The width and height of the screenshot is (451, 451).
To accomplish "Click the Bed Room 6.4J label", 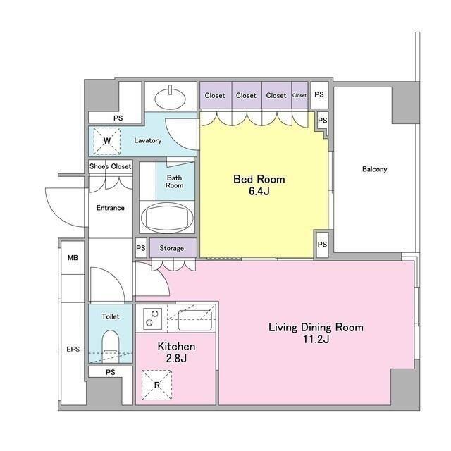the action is coord(259,185).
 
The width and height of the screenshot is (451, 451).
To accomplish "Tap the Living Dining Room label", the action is coord(316,327).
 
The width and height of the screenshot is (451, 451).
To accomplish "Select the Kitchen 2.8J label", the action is coord(176,352).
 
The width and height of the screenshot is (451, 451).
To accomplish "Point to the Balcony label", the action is coord(374,169).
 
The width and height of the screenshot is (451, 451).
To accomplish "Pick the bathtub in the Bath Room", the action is coord(167,218).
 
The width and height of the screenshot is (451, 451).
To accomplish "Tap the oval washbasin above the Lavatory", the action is coord(171,98).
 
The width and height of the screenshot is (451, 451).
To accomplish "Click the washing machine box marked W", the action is coord(107,141).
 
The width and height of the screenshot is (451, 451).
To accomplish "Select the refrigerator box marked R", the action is coord(156,385).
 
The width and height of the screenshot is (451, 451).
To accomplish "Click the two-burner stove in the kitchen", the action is coord(152,318).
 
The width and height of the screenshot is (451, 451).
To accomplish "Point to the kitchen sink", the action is coord(195,320).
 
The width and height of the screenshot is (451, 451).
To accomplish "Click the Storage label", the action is coord(171,248).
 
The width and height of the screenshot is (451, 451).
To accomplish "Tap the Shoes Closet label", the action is coord(110,166).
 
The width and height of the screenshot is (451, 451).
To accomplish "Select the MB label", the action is coord(73,258).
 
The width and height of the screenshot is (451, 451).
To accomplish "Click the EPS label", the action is coord(73,350).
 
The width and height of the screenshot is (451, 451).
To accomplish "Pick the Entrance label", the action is coord(111,208).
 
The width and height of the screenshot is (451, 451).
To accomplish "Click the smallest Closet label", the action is coord(299,95).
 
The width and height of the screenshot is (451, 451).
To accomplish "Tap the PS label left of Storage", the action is coord(141,247).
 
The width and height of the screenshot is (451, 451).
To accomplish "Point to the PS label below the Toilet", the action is coord(111,372).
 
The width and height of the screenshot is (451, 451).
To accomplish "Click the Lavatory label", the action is coord(147,141).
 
